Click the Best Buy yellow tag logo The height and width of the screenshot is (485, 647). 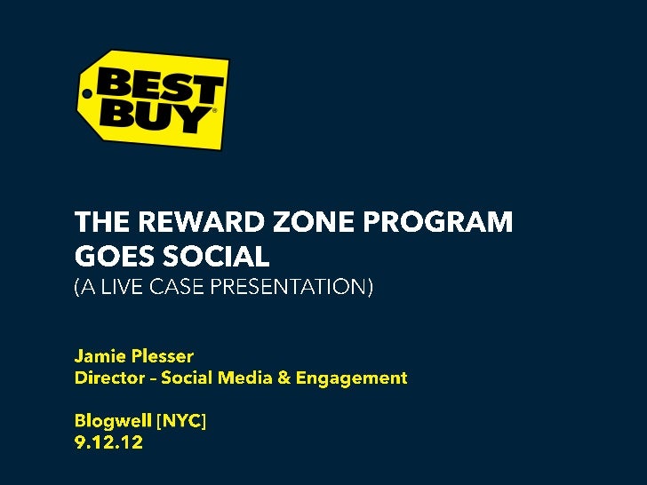(152, 99)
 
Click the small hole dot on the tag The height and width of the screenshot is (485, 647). (86, 92)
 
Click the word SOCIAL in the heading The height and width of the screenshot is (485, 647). (212, 257)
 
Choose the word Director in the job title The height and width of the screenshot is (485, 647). (107, 378)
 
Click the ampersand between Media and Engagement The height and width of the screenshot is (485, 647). (284, 378)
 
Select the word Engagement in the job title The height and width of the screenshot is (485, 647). (351, 378)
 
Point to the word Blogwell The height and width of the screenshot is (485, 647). (112, 421)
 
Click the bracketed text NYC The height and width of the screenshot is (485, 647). (181, 421)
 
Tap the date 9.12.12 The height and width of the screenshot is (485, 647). (108, 442)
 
